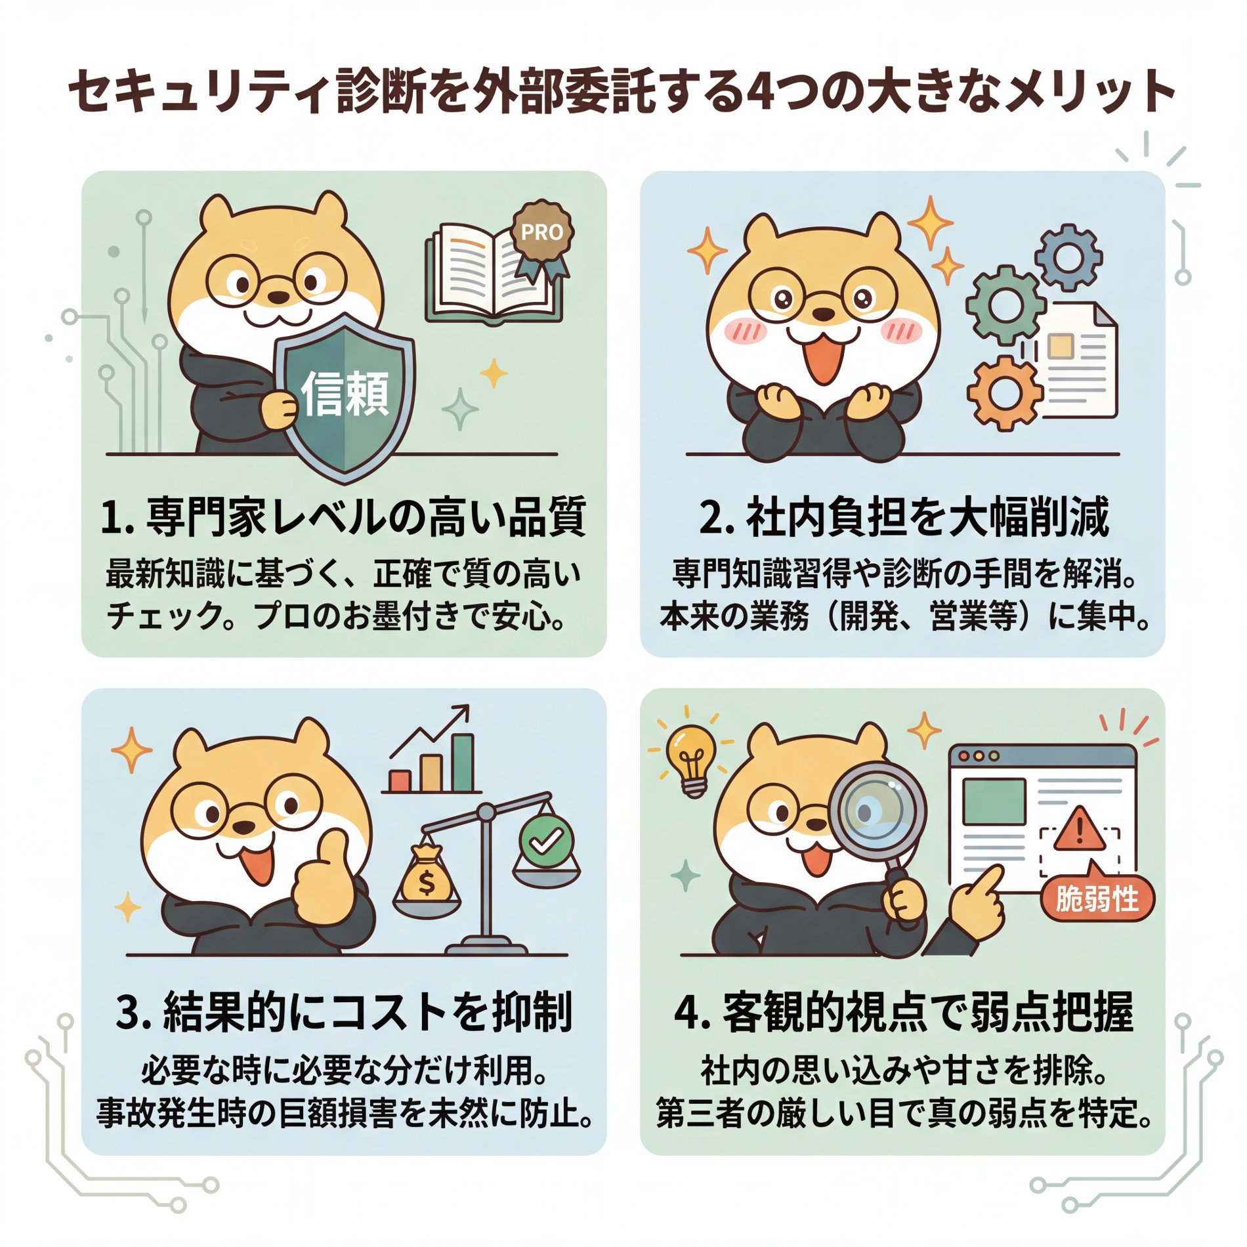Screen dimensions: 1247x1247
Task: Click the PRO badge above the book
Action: [x=541, y=232]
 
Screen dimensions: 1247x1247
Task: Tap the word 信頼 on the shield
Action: [x=345, y=393]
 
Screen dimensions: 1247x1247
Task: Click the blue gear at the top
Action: [x=1068, y=257]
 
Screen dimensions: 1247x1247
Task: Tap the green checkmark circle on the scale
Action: [x=546, y=840]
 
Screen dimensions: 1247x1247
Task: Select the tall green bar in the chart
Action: [x=462, y=763]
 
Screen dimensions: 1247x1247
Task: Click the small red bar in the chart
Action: [x=400, y=780]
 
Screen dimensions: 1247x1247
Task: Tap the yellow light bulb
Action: [x=690, y=758]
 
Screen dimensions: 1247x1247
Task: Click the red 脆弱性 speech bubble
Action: [x=1097, y=898]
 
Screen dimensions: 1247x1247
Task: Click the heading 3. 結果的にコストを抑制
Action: [x=344, y=1011]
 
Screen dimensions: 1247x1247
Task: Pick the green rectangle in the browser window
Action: [x=994, y=801]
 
